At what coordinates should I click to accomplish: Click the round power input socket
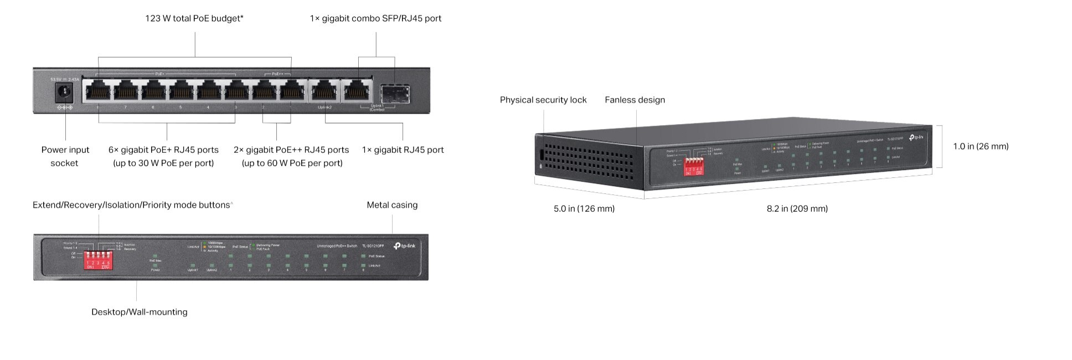tap(65, 92)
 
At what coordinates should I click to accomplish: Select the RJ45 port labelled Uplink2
tap(324, 91)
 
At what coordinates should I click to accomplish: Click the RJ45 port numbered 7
tap(126, 91)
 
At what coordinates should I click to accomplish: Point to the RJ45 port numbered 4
tap(209, 91)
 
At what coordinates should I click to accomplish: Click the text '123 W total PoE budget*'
tap(194, 18)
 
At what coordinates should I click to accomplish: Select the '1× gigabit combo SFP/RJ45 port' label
tap(375, 18)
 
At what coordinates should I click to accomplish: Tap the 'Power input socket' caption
tap(65, 156)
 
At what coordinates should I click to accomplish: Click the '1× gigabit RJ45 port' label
tap(403, 150)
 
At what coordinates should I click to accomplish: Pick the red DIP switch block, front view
tap(98, 260)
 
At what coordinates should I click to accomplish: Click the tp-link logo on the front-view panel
tap(404, 245)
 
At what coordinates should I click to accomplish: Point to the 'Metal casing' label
tap(392, 205)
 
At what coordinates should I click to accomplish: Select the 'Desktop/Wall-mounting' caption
tap(139, 312)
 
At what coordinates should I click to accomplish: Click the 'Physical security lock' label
tap(543, 100)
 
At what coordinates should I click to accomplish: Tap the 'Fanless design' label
tap(635, 100)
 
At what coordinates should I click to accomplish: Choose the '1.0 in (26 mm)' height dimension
tap(981, 146)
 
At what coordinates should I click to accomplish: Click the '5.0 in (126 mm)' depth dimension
tap(584, 208)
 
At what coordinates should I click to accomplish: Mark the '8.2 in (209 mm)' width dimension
tap(797, 208)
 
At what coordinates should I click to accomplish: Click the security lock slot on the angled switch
tap(539, 155)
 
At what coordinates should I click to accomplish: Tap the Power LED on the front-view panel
tap(155, 266)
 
